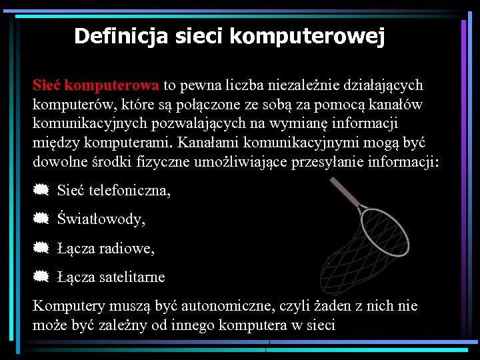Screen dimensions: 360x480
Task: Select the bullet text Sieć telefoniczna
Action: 114,191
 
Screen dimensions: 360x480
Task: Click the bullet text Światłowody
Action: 101,219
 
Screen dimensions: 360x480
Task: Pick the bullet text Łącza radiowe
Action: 106,249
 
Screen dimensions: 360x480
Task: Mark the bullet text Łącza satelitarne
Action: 111,277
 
